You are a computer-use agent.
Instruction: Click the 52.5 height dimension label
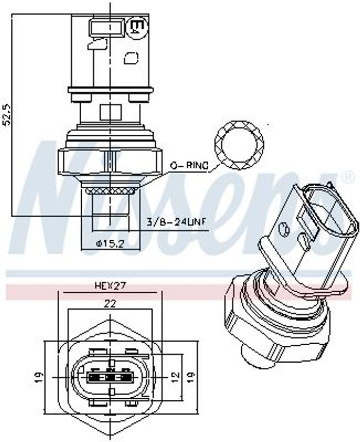tap(7, 114)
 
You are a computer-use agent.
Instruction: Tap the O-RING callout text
tap(189, 166)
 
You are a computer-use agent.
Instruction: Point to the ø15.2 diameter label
tap(110, 243)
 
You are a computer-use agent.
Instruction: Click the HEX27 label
tap(110, 286)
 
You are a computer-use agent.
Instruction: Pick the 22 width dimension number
tap(110, 304)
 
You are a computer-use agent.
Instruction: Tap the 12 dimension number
tap(175, 376)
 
